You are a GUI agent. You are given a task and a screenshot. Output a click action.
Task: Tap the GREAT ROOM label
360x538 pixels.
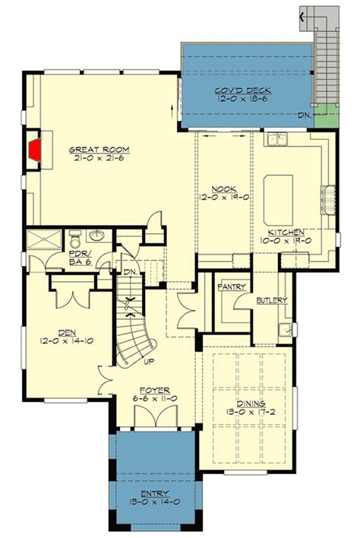[94, 149]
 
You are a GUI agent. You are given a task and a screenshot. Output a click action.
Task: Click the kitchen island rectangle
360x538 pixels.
[279, 187]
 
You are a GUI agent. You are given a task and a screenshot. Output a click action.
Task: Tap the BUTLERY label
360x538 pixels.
[272, 300]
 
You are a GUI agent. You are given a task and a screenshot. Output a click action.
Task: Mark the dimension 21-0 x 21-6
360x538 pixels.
[94, 159]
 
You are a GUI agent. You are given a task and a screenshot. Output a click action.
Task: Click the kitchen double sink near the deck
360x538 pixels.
[276, 140]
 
